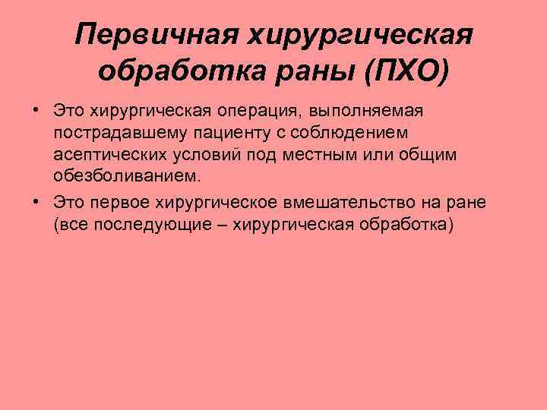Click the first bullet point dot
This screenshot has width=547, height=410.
pos(36,110)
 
